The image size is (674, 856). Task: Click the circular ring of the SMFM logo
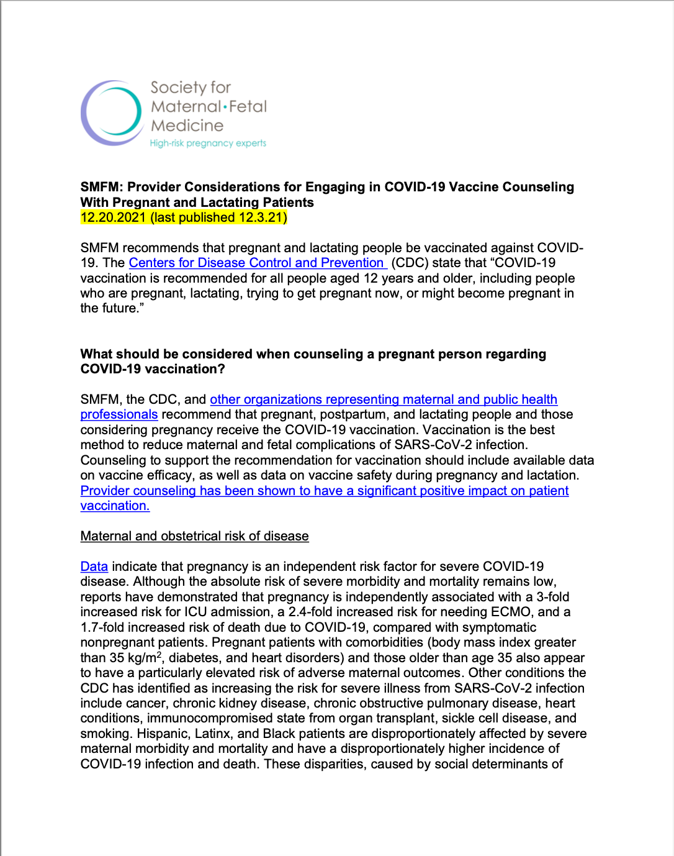pyautogui.click(x=112, y=113)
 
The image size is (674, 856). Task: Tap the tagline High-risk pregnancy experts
pyautogui.click(x=208, y=143)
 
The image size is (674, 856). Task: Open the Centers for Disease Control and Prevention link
pyautogui.click(x=256, y=263)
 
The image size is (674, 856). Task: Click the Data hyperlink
pyautogui.click(x=94, y=567)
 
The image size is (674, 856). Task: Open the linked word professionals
pyautogui.click(x=119, y=414)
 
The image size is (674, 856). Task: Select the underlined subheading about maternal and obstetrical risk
pyautogui.click(x=194, y=536)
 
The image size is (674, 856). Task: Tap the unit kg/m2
pyautogui.click(x=145, y=658)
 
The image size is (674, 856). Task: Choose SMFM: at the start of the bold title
pyautogui.click(x=102, y=187)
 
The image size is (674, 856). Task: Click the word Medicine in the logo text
pyautogui.click(x=187, y=125)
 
